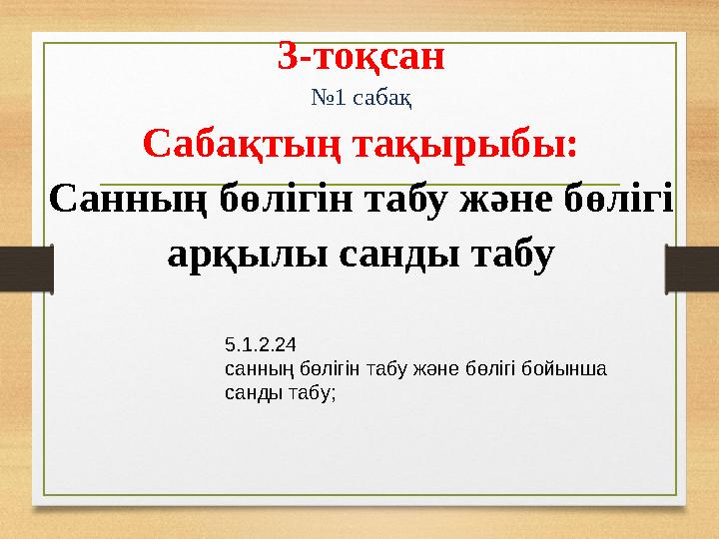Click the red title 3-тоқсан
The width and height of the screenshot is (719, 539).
pos(360,58)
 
